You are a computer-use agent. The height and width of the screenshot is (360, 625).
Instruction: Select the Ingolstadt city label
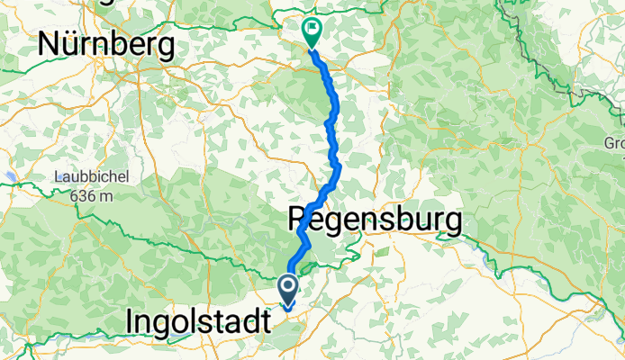198,320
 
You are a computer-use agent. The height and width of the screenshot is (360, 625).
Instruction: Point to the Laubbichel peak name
92,177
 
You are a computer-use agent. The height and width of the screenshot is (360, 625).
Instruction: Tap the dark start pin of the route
289,291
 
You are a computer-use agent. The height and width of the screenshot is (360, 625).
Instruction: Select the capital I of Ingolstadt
132,320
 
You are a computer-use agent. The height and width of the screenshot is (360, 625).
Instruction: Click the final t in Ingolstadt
264,320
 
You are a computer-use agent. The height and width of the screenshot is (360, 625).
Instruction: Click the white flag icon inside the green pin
312,28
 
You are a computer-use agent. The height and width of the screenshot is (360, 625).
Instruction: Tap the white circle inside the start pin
289,286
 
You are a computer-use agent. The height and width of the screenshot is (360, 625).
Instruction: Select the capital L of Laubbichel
58,177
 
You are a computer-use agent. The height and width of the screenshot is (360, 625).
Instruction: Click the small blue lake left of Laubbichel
9,177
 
